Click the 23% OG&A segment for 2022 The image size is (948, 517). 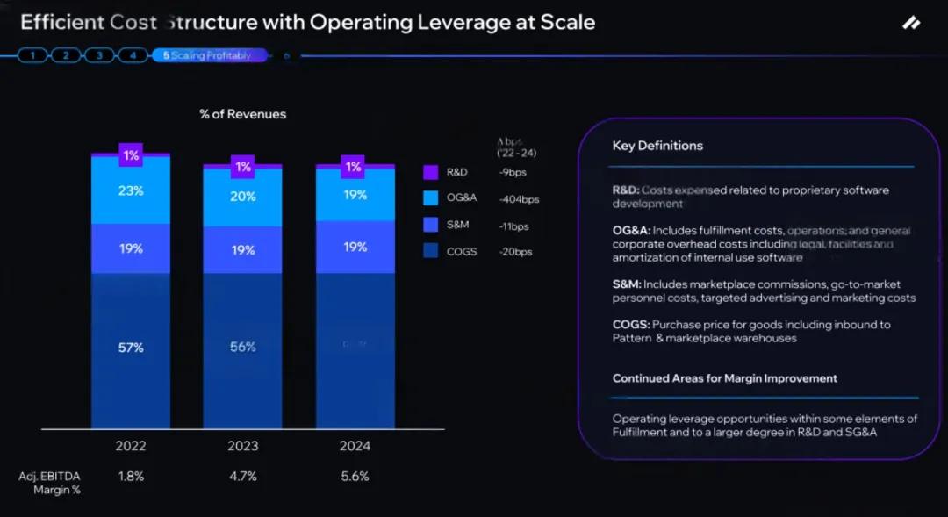tap(131, 190)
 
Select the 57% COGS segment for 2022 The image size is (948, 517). tap(131, 348)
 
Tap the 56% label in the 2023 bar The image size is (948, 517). tap(243, 347)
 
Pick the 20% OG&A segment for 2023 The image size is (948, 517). tap(243, 197)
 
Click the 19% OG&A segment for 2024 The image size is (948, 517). tap(355, 195)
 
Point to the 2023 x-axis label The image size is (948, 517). tap(243, 446)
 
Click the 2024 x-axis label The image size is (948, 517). tap(355, 446)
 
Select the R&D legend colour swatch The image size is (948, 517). tap(430, 173)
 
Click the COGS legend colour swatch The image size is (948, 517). tap(430, 252)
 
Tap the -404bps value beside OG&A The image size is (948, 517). tap(518, 199)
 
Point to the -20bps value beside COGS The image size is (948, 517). tap(515, 252)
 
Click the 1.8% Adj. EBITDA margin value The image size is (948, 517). tap(131, 477)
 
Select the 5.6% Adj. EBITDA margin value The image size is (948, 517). tap(355, 477)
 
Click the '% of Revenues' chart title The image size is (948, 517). tap(243, 114)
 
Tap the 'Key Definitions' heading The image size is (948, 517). tap(657, 146)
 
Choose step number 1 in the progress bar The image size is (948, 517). tap(32, 55)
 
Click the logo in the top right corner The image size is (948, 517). tap(911, 24)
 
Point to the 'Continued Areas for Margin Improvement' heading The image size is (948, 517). tap(725, 378)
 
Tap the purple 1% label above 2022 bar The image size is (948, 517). tap(131, 155)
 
